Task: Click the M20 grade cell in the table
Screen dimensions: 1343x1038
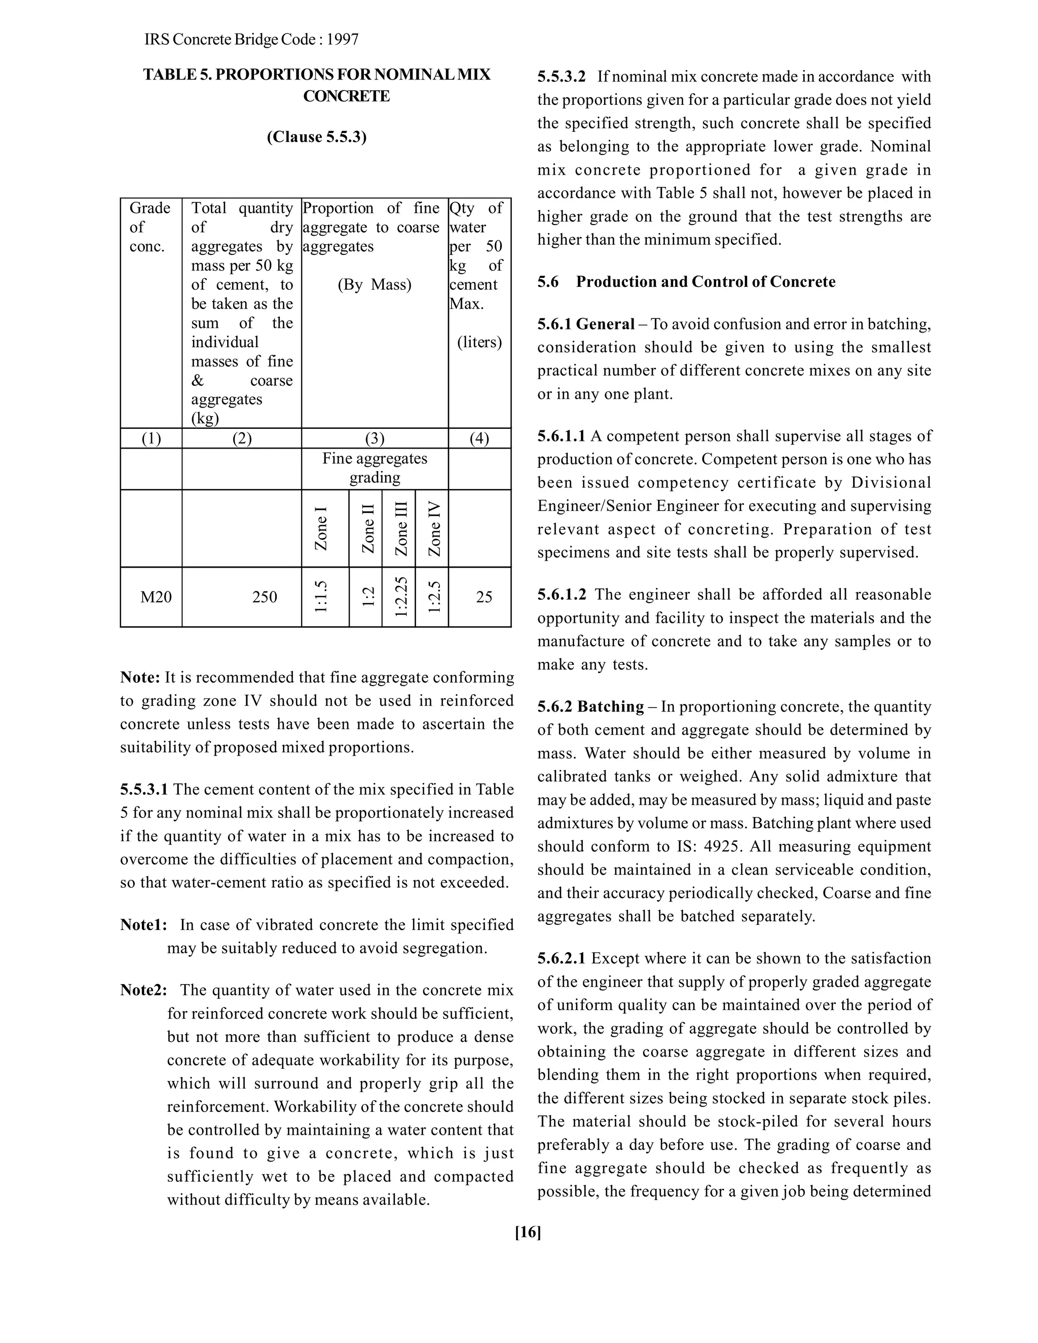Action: click(x=156, y=597)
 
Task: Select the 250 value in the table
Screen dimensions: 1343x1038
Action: click(x=265, y=597)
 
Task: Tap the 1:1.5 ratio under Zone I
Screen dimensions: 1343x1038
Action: click(x=321, y=596)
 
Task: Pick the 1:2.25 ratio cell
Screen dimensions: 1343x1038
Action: click(x=400, y=596)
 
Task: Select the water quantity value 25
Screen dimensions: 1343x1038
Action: click(x=484, y=597)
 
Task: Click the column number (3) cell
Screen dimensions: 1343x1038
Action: click(x=375, y=438)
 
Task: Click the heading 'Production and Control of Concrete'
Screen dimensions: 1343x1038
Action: click(x=706, y=282)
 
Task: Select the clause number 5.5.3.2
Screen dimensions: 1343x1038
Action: click(x=562, y=77)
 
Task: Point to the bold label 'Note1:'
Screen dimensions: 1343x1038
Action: click(x=143, y=925)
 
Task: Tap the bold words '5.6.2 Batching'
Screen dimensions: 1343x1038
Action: click(x=590, y=706)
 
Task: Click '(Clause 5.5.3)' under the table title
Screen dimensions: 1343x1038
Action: click(x=316, y=136)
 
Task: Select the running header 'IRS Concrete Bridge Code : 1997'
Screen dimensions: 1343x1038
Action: click(x=251, y=40)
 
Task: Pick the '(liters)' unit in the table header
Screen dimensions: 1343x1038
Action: click(x=479, y=342)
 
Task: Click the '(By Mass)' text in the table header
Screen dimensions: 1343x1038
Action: click(x=375, y=285)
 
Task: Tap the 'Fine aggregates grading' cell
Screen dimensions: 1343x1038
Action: click(x=375, y=468)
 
